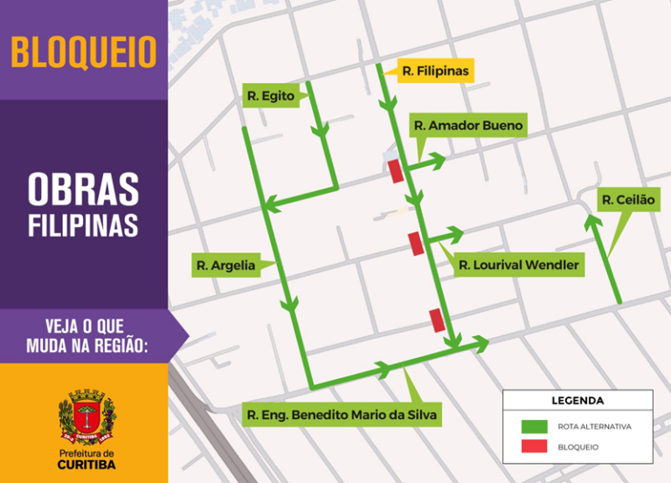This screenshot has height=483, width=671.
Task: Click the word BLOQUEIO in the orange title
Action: pos(84,52)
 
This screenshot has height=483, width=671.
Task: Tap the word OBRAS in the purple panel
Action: pos(84,190)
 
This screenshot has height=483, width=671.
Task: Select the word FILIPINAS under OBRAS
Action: pos(84,224)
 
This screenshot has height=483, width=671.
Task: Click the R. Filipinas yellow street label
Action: pos(435,70)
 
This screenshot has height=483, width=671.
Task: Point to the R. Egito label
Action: pos(270,95)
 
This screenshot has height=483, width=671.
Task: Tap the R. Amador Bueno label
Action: pos(468,126)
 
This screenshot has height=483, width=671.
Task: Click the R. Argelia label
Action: pos(226,266)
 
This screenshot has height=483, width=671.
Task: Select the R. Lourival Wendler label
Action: pos(518,265)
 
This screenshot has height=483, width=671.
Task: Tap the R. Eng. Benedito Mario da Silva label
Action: pos(342,414)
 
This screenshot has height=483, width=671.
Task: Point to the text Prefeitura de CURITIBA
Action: pos(86,459)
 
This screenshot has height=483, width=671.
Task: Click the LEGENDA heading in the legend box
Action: pos(577,401)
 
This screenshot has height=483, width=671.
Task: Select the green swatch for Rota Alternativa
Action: pos(535,427)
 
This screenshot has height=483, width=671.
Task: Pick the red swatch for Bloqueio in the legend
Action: pos(535,447)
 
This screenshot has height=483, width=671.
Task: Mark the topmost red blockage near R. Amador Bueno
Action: pos(396,171)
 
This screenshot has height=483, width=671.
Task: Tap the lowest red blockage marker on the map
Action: pos(436,321)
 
